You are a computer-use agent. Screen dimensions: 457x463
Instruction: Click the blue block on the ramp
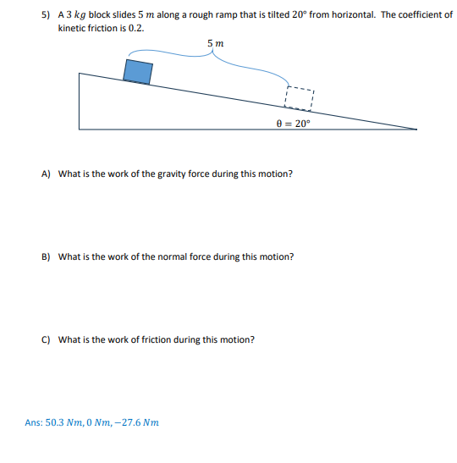tap(138, 70)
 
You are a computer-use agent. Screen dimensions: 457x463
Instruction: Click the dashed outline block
tap(300, 97)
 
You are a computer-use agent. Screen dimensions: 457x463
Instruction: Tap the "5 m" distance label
tap(215, 44)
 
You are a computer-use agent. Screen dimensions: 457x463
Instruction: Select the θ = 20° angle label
tap(294, 122)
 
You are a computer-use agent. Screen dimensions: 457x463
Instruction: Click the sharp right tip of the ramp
tap(416, 129)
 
